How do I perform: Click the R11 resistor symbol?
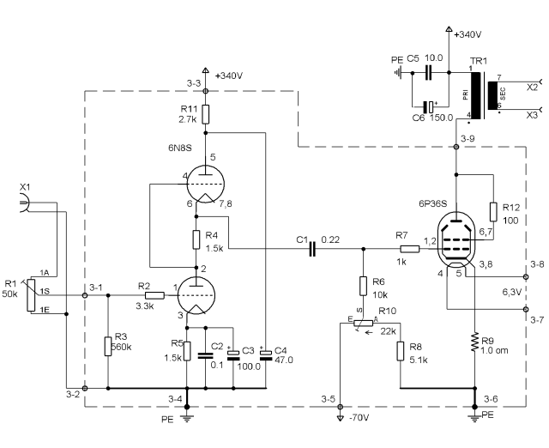click(x=206, y=114)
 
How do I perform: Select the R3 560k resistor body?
click(x=108, y=346)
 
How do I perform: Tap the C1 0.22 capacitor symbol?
click(x=312, y=249)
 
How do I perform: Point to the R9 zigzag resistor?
click(x=474, y=342)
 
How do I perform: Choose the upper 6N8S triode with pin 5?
click(x=206, y=184)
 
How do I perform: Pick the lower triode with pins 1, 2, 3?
click(x=196, y=295)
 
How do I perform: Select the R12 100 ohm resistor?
click(x=493, y=212)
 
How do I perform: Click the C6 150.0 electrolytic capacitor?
click(x=429, y=106)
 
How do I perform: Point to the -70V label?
click(x=359, y=417)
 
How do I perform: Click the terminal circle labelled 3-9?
click(x=456, y=147)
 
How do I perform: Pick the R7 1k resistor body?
click(x=410, y=249)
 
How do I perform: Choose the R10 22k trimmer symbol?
click(x=363, y=323)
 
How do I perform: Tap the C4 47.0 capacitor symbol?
click(x=266, y=355)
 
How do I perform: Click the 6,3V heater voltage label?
click(x=512, y=292)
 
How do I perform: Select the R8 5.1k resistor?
click(x=401, y=351)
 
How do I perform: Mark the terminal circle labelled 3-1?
click(x=84, y=295)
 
